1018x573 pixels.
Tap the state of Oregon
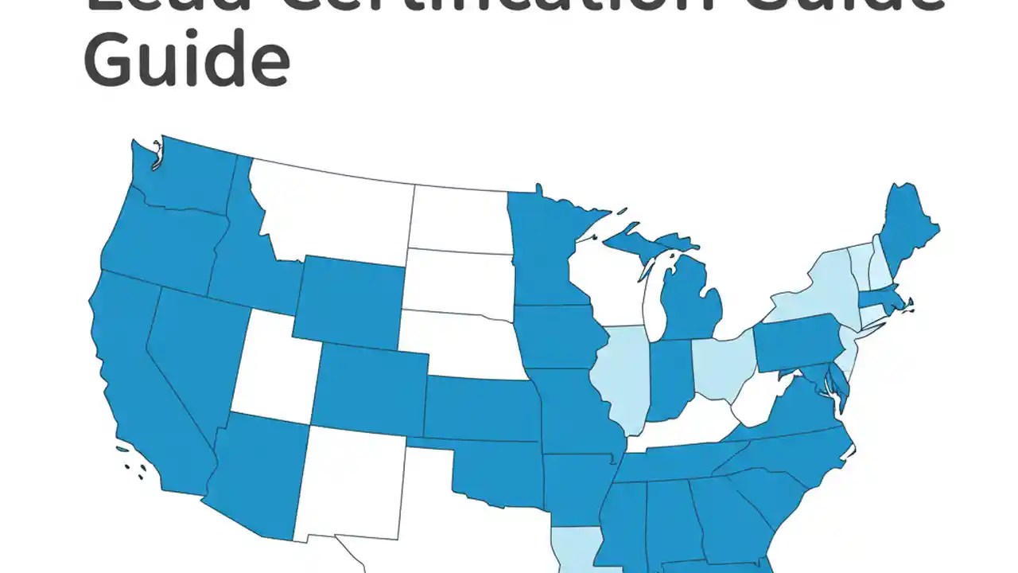point(159,239)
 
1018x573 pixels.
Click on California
point(143,374)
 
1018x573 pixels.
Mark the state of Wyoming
point(350,302)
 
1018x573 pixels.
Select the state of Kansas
point(481,408)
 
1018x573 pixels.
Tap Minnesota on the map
point(549,247)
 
